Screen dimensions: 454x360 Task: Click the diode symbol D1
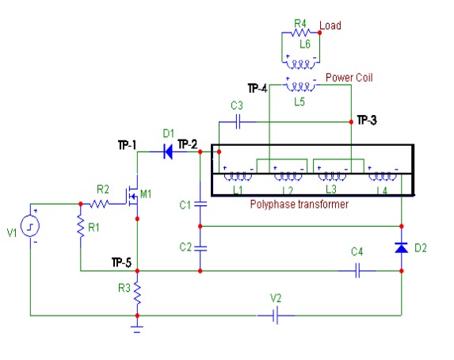point(168,151)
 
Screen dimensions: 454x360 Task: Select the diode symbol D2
point(401,248)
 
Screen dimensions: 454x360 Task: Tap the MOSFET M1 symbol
point(132,197)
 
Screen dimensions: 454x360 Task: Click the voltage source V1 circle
point(30,225)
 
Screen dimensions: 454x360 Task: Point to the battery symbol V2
point(276,316)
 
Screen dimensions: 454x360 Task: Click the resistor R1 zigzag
point(81,227)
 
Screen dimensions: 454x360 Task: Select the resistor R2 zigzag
point(99,204)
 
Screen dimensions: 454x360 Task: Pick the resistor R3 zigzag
point(137,293)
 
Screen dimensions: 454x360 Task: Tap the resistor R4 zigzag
point(300,33)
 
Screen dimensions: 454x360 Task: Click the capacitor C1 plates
point(200,204)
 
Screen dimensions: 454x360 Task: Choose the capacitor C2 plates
point(200,248)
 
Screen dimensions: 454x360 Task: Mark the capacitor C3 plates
point(238,122)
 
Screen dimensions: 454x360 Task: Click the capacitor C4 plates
point(357,270)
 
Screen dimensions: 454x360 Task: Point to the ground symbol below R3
point(137,329)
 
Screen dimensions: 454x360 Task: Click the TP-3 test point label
point(367,120)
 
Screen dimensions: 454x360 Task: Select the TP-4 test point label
point(258,88)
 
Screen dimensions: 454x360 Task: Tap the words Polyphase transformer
point(299,204)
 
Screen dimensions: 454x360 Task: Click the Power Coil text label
point(349,78)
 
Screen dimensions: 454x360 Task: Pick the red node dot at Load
point(319,33)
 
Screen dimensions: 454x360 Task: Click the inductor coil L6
point(301,63)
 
